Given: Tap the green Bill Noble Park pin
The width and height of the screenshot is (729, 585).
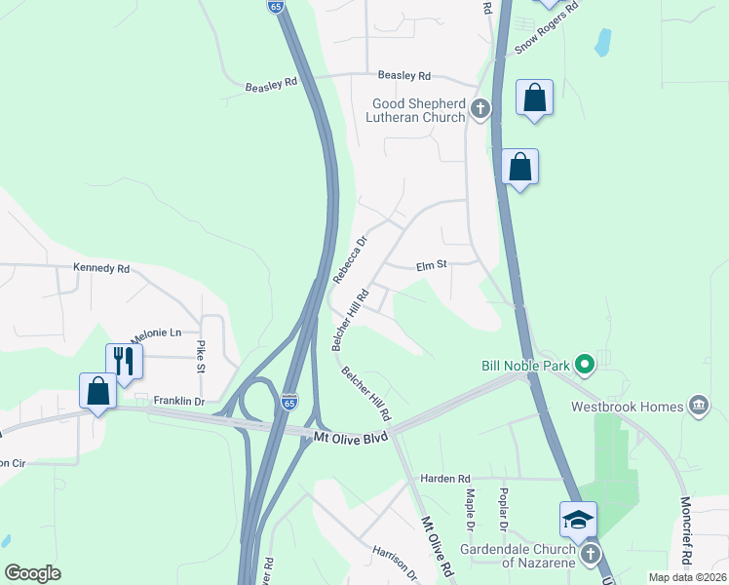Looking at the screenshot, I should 585,367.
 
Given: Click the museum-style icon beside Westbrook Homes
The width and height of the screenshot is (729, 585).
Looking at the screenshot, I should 698,405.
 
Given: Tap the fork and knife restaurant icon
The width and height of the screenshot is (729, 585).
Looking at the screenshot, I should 124,361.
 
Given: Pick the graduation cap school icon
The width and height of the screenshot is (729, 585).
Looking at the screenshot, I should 578,518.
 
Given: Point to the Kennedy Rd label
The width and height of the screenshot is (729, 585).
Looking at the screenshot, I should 101,267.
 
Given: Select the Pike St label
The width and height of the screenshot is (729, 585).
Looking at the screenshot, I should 201,356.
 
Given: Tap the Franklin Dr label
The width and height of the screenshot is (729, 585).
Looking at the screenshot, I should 179,401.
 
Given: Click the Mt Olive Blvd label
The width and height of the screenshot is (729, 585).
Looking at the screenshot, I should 351,438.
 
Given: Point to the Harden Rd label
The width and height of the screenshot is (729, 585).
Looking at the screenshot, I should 445,478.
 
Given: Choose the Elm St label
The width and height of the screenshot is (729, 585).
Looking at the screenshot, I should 431,264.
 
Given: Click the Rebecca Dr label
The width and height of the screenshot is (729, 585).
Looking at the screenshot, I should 350,258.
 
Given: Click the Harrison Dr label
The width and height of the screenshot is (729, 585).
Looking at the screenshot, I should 395,563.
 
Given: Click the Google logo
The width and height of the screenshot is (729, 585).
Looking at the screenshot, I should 33,572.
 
